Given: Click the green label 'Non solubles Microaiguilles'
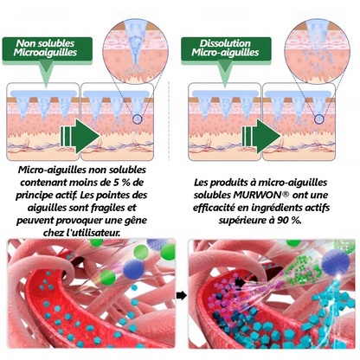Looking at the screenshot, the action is (x=48, y=48).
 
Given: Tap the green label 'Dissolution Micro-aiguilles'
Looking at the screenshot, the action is (x=226, y=48).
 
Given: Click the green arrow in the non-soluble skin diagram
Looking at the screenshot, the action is (x=80, y=136).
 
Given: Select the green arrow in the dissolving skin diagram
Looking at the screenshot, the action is (x=261, y=136).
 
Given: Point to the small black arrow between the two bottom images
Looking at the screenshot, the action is (x=182, y=295).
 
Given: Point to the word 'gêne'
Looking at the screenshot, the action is (x=137, y=221).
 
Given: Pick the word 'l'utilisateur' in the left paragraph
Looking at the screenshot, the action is (x=93, y=233).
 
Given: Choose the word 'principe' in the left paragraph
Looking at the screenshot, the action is (x=34, y=196).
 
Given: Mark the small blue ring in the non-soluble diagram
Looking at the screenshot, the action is (x=138, y=119).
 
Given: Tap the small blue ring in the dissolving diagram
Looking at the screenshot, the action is (x=318, y=119).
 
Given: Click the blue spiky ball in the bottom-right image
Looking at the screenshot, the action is (x=336, y=261).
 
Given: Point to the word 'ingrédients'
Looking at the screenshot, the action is (x=275, y=208).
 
